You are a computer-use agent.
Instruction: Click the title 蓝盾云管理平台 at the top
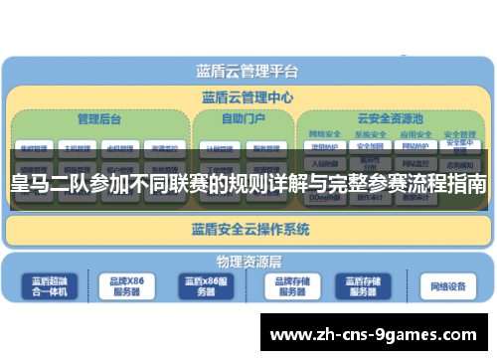[248, 71]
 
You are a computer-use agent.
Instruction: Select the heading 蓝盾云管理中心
[248, 97]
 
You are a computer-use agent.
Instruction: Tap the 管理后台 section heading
[99, 118]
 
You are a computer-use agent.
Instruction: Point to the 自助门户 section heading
[242, 118]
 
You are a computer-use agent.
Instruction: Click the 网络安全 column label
[325, 133]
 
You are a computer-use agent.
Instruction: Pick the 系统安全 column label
[370, 133]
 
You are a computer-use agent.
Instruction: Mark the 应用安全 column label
[414, 133]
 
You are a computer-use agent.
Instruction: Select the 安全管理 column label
[458, 135]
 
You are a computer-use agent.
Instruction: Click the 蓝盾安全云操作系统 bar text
[249, 230]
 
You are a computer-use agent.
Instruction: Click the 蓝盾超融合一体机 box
[48, 286]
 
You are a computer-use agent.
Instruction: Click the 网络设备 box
[447, 286]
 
